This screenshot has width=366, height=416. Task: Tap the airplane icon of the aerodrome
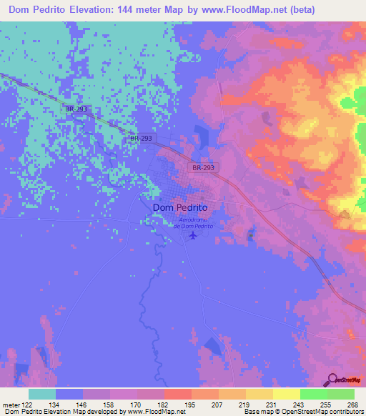point(192,235)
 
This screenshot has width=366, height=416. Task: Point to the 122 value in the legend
point(28,405)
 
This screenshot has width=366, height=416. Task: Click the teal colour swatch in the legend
point(42,394)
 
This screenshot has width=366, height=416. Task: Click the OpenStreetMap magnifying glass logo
point(333,379)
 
